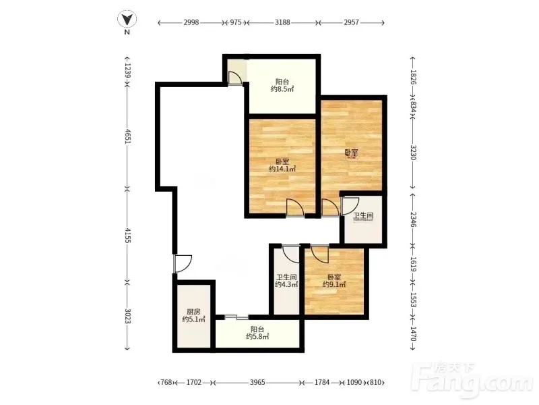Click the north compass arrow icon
pos(127,19)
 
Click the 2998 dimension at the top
pos(191,22)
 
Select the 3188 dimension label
pos(282,22)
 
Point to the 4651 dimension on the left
pos(127,137)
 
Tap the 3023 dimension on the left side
pos(127,316)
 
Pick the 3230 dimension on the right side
pos(413,153)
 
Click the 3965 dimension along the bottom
pos(257,382)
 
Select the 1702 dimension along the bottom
pos(194,382)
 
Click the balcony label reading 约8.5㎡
pos(282,89)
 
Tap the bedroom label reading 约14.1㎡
pos(282,169)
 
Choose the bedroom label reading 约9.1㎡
pos(334,284)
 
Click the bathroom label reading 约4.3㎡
pos(286,284)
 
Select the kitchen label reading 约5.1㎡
pos(193,319)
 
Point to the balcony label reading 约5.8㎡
pos(257,336)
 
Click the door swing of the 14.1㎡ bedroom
pos(295,208)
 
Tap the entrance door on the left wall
pos(183,264)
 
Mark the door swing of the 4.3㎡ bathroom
pos(291,254)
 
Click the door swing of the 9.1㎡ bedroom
pos(320,254)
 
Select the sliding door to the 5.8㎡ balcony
pos(236,317)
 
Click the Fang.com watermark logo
pos(474,380)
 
